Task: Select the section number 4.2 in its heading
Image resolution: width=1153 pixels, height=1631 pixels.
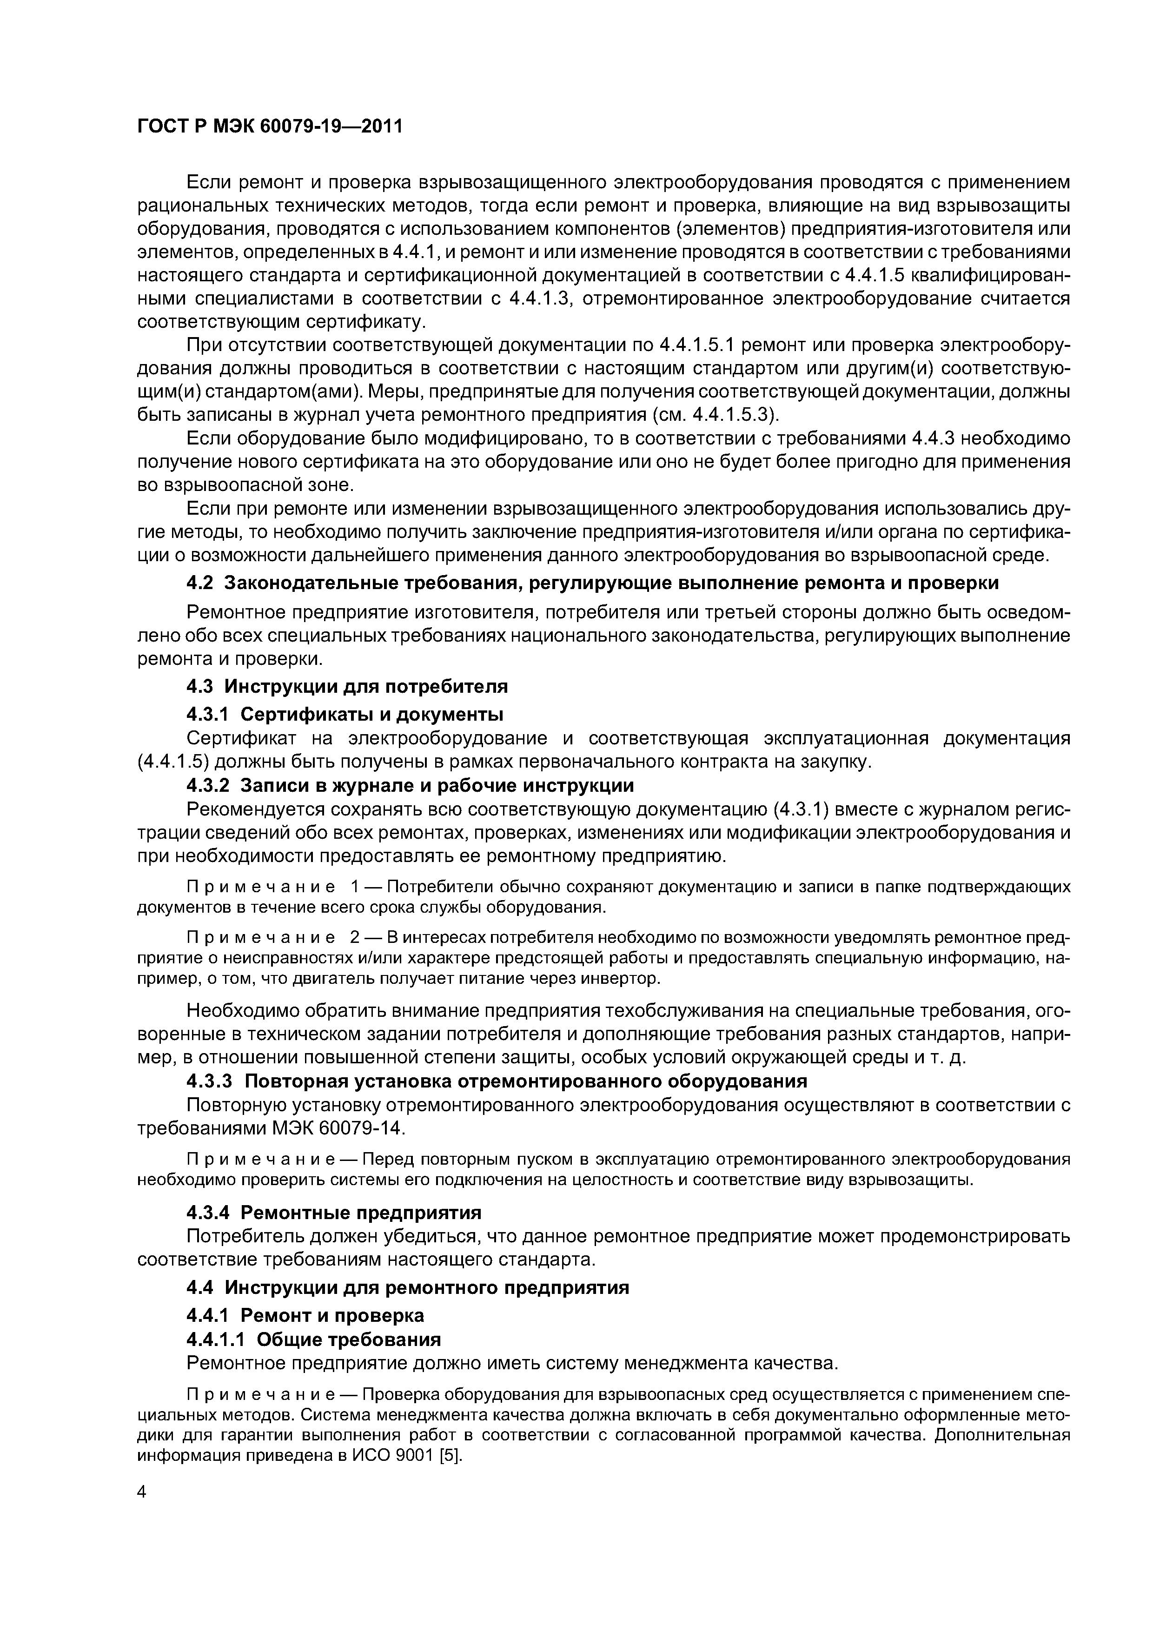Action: pyautogui.click(x=199, y=583)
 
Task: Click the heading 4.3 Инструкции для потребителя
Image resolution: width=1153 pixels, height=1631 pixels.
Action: pyautogui.click(x=347, y=686)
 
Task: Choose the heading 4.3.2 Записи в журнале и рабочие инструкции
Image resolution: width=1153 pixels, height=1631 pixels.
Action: pyautogui.click(x=410, y=786)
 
